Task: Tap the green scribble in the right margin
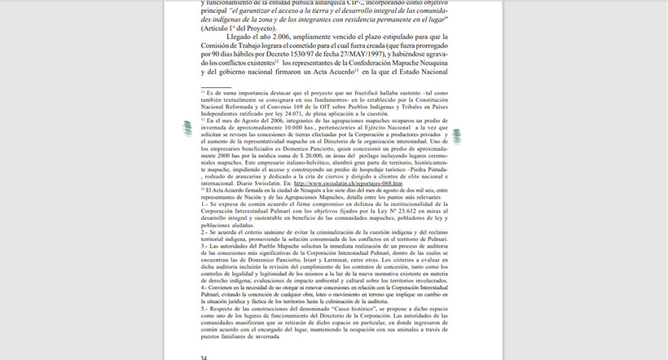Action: (456, 138)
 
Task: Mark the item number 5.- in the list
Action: (204, 310)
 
